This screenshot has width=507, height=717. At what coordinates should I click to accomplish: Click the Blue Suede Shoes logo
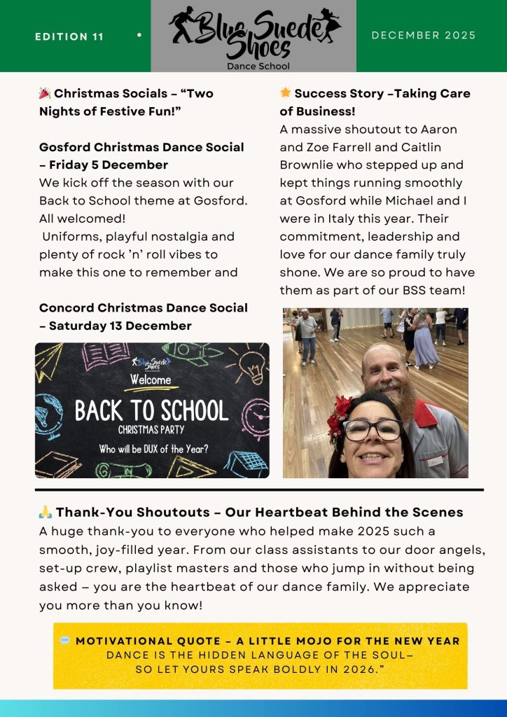coord(253,35)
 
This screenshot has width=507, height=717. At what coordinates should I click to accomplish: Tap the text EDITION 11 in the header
coord(69,36)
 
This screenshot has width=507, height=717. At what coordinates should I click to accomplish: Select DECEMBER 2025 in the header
coord(424,35)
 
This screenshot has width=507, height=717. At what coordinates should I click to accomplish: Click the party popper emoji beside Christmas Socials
coord(45,93)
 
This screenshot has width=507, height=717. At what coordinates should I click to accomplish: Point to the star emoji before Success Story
coord(286,93)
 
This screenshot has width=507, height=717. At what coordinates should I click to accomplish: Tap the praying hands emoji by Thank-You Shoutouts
coord(46,513)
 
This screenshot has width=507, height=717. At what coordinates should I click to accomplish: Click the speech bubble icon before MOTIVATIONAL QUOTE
coord(65,641)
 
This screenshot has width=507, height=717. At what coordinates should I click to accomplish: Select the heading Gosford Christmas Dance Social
coord(141,147)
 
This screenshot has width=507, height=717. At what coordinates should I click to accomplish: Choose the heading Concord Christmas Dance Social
coord(143,307)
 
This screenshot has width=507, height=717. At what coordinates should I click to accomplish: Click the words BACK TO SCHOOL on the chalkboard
coord(152,411)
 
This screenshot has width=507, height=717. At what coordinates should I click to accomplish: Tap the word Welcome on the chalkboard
coord(152,380)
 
